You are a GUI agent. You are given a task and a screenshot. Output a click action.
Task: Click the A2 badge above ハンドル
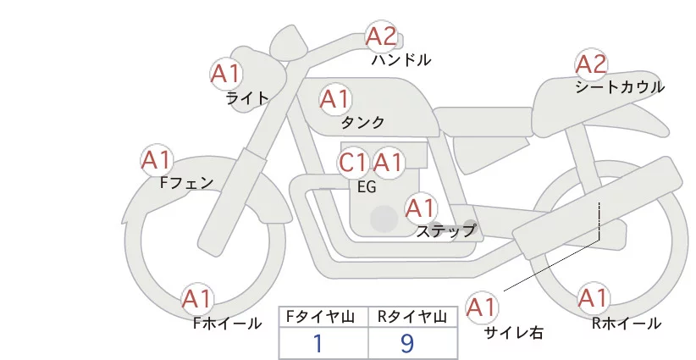click(381, 36)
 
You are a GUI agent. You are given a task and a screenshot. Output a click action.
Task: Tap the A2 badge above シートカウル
click(591, 64)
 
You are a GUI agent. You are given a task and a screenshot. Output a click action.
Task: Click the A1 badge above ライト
click(225, 73)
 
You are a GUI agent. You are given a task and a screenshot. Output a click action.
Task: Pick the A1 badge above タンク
click(334, 100)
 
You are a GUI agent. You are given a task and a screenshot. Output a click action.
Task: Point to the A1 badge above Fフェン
click(156, 159)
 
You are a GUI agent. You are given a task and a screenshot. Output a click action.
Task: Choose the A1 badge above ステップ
click(420, 207)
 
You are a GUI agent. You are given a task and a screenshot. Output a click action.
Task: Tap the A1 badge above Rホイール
click(592, 298)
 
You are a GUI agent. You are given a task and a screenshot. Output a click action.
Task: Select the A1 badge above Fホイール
click(197, 298)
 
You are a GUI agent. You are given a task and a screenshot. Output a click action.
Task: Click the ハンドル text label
click(400, 60)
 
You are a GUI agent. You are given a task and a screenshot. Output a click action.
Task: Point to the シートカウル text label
click(619, 86)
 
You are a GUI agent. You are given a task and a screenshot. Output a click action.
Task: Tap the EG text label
click(367, 187)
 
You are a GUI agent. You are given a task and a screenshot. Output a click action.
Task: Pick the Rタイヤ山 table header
click(412, 316)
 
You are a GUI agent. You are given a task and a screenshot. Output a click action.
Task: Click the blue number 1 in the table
click(318, 343)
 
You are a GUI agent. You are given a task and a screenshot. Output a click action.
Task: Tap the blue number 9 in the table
click(408, 343)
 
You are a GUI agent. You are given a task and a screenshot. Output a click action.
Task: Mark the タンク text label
click(362, 122)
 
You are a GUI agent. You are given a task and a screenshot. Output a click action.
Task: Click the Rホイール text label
click(627, 323)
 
